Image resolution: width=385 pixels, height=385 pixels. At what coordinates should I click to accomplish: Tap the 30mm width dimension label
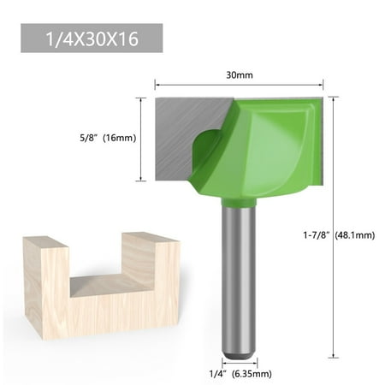[239, 74]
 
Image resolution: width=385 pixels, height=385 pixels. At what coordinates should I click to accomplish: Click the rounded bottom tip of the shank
[238, 352]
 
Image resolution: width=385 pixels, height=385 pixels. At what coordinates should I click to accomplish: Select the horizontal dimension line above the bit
[239, 85]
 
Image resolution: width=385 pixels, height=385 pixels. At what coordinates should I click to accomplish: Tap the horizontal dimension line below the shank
[238, 362]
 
